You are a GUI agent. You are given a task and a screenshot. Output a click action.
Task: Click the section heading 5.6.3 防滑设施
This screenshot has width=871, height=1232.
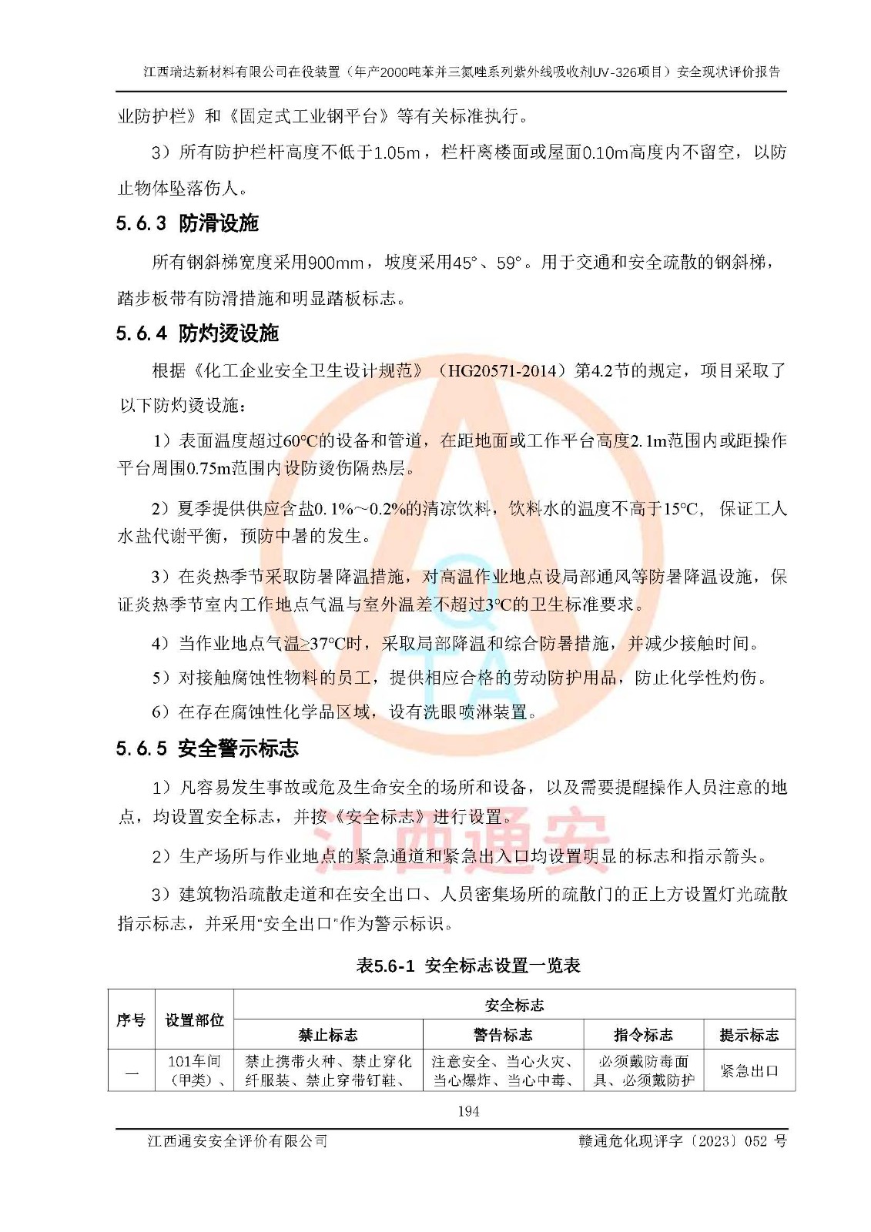pos(187,223)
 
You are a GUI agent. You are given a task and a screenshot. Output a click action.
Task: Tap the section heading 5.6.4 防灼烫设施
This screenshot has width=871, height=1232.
pos(197,333)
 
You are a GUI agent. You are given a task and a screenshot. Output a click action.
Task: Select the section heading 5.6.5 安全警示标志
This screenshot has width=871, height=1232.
pos(207,748)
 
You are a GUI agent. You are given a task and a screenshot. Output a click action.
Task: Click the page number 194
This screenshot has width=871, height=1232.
pos(468,1111)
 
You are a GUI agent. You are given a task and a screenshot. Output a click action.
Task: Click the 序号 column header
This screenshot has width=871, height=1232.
pos(131,1020)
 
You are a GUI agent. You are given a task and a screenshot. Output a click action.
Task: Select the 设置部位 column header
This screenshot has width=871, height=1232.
pos(194,1020)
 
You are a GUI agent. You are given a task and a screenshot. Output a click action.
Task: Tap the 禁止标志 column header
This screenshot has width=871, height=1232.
pos(328,1035)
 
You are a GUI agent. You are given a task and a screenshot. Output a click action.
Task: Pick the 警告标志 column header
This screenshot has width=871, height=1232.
pos(503,1035)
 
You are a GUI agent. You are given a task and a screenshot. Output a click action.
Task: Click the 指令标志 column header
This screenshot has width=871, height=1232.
pos(643,1035)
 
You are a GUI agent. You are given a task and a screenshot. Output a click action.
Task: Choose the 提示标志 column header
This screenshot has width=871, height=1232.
pos(749,1035)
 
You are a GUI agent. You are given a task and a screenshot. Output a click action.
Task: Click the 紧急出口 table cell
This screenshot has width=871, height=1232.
pos(749,1071)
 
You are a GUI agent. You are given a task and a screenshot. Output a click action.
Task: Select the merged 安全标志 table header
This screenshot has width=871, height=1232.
pos(514,1005)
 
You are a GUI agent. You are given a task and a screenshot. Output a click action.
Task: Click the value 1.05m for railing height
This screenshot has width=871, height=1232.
pos(397,152)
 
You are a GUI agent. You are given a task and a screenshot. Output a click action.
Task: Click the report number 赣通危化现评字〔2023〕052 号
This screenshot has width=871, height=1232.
pos(682,1141)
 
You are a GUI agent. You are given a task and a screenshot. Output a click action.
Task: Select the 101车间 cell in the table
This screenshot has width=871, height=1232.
pos(194,1062)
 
